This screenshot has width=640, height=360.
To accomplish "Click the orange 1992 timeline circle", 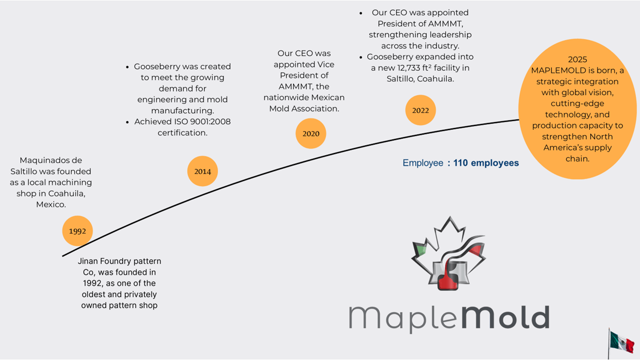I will pos(77,231).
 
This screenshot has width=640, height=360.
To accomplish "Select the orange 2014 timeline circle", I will pos(202,171).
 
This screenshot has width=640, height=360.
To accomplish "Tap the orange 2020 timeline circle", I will pos(310,133).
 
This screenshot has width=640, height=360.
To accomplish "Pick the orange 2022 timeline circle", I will pos(420,110).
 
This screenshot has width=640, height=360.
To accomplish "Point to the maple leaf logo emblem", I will pos(448,254).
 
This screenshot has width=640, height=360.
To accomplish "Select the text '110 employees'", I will pos(486,163).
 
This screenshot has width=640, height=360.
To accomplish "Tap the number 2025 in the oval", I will pos(577,59).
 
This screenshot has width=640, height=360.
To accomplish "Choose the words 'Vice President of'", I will pos(306,70).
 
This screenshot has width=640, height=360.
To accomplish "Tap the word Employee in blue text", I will pos(423,163).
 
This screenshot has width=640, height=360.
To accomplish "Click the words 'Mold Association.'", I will pos(304,108).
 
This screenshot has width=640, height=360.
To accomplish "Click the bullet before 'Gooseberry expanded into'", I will pos(361,57).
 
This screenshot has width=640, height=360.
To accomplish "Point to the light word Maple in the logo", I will pos(398,317).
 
